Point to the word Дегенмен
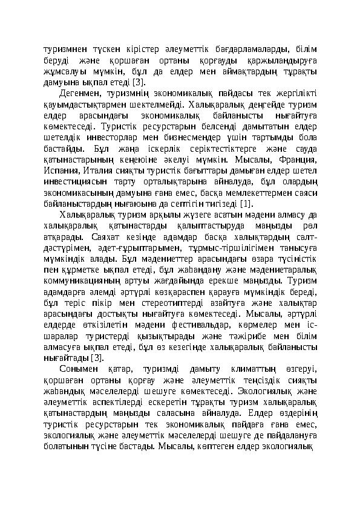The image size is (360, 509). coord(80,94)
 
